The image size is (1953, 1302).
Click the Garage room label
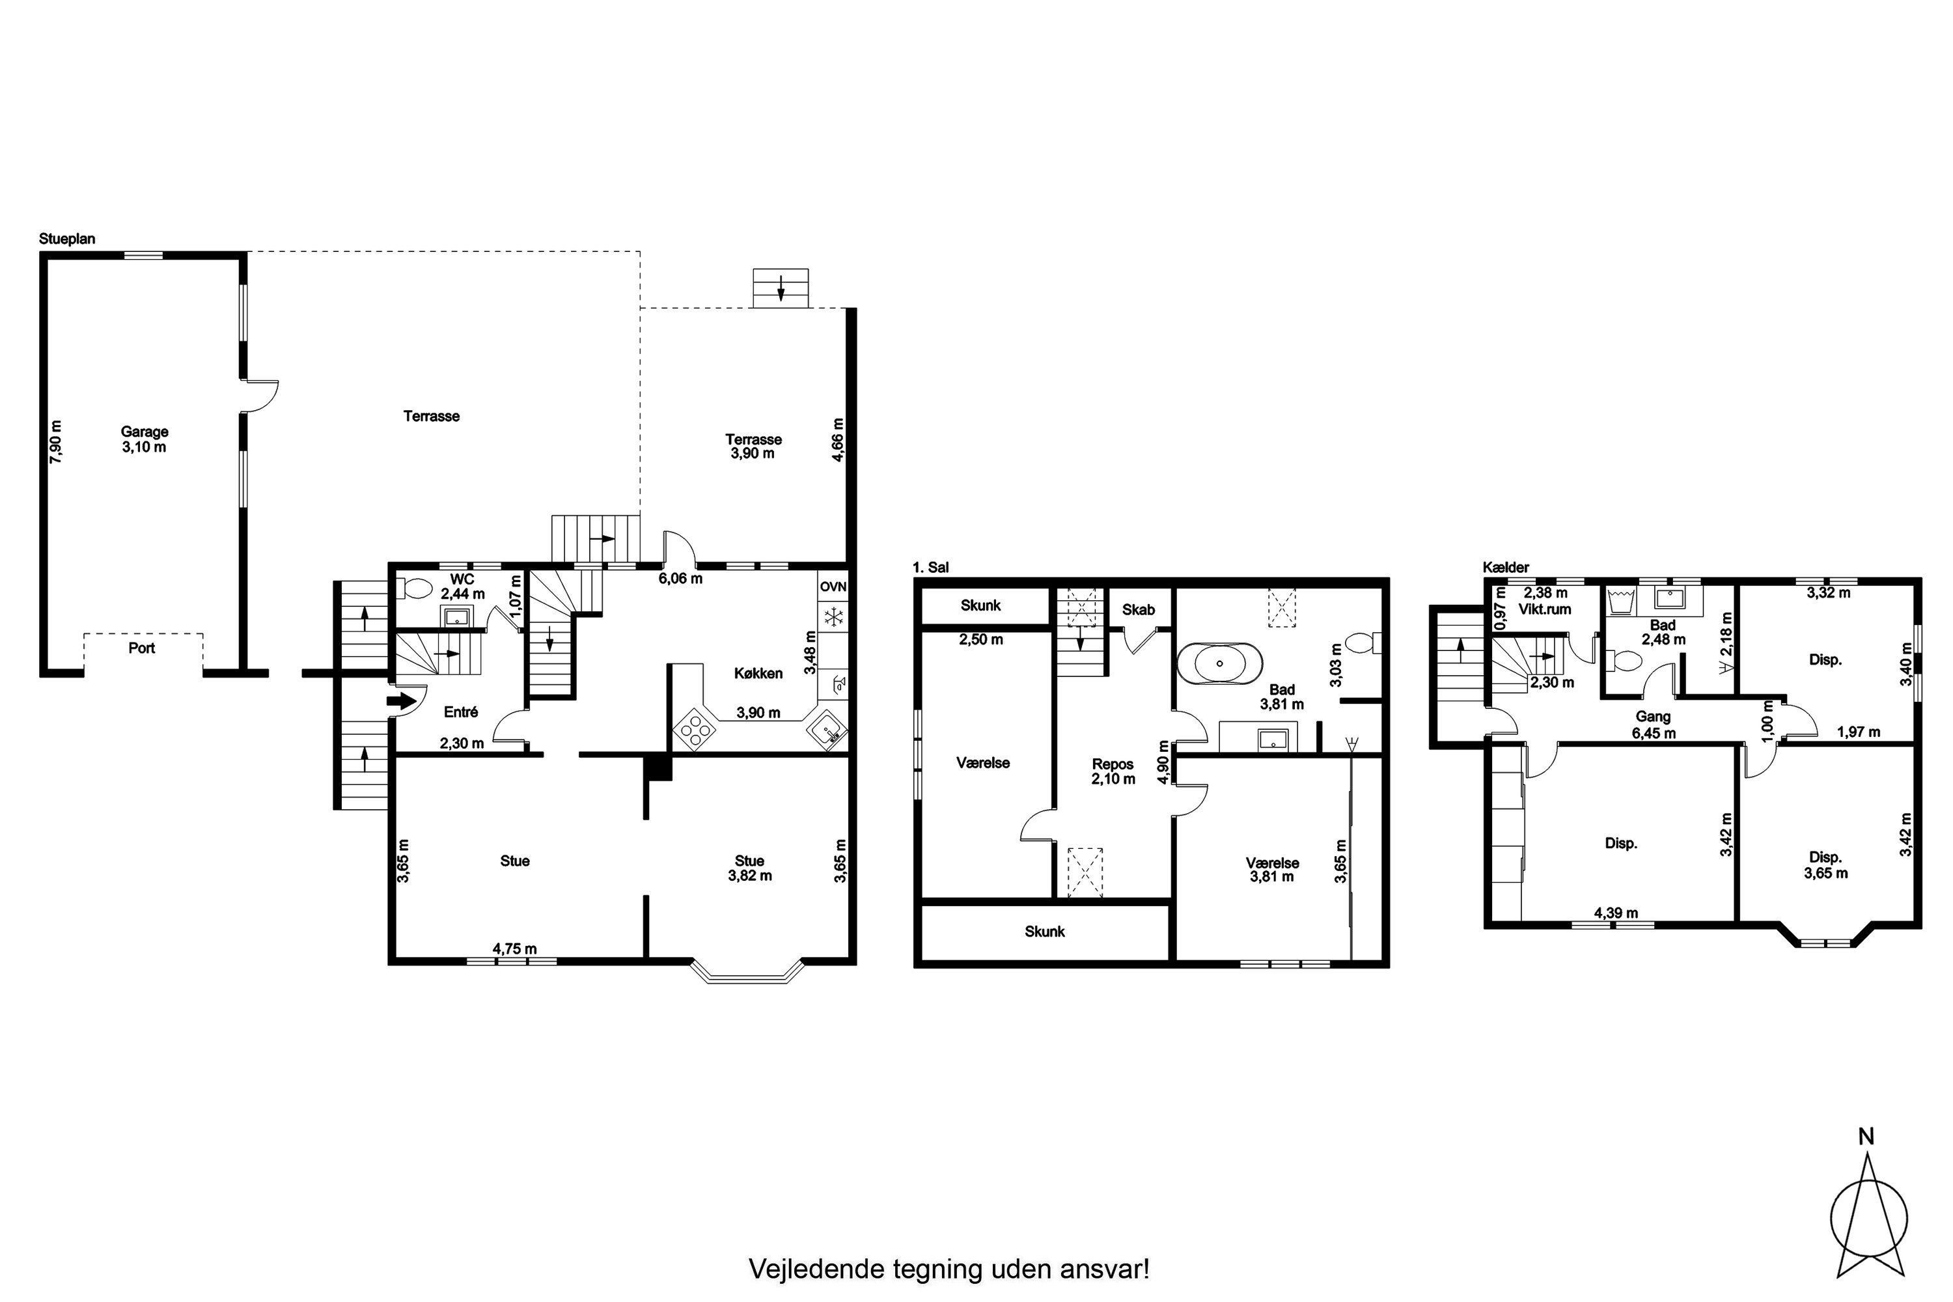(x=145, y=432)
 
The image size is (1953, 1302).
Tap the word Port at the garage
(x=142, y=648)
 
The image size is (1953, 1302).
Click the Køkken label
(x=758, y=673)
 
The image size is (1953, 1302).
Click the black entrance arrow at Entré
(x=401, y=702)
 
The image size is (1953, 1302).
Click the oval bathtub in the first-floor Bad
(x=1219, y=663)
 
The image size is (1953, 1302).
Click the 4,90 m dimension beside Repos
(x=1163, y=762)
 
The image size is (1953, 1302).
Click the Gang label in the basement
(x=1654, y=717)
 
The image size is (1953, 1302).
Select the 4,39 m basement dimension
(x=1616, y=913)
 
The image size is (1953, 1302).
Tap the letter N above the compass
(x=1866, y=1137)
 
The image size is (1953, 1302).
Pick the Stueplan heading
(x=67, y=239)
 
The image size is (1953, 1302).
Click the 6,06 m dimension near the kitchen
(x=681, y=579)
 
